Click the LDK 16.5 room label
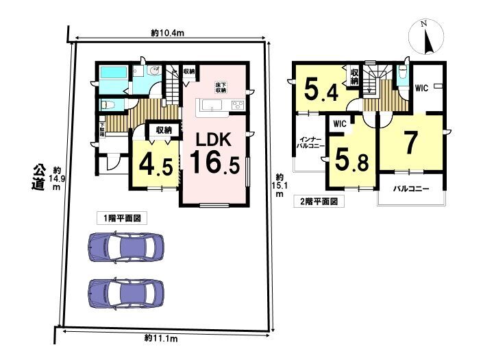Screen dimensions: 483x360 (214, 154)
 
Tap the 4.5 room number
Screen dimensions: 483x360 (156, 165)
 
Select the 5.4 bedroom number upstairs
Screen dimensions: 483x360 (321, 89)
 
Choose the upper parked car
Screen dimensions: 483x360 (126, 247)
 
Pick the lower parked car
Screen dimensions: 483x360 (126, 293)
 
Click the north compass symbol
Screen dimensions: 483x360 (426, 37)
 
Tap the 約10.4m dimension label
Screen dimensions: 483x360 (168, 33)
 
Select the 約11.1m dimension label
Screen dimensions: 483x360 (161, 339)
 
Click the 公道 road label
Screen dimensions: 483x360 (38, 178)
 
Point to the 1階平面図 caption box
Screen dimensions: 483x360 (122, 219)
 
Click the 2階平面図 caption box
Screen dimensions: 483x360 (319, 202)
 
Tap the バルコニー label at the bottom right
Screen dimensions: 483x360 (411, 189)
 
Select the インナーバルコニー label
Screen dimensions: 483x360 (310, 143)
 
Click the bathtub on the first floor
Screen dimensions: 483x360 (114, 73)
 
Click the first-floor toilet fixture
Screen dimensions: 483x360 (108, 105)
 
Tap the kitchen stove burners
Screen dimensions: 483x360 (238, 105)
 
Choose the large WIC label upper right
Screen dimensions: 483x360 (421, 88)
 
